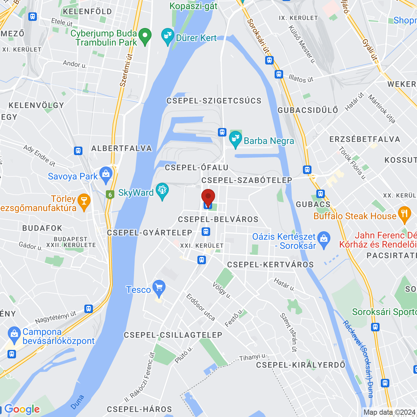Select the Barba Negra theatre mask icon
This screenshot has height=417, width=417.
pos(235,139)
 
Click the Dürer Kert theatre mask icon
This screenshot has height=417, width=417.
pos(168,37)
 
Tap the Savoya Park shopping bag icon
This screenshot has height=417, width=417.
pos(106,175)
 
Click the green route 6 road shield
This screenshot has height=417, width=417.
pos(110,195)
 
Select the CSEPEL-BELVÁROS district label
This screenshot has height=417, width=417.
pos(218,219)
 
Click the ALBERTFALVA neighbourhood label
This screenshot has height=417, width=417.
pos(122,148)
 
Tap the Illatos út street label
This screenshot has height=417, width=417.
pos(301,79)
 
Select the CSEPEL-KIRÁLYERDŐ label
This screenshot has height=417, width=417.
pos(300,365)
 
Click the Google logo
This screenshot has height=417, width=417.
pos(22,409)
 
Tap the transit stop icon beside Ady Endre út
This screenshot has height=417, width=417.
pos(78,151)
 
